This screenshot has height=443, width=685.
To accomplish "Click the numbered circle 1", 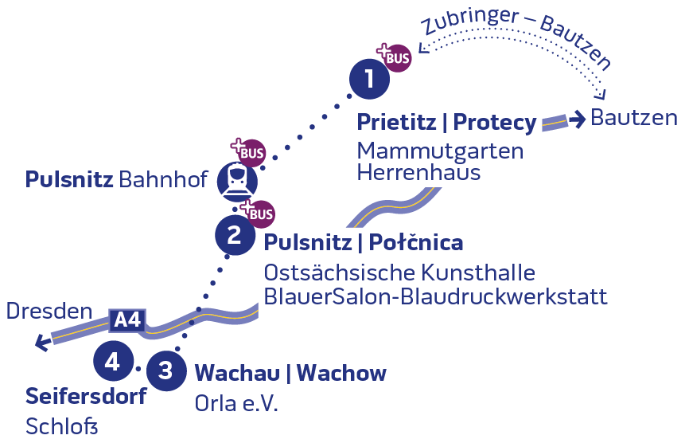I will click(369, 79).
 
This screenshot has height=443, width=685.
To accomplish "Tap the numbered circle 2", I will click(235, 235).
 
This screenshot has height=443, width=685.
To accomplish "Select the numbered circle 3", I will click(165, 370).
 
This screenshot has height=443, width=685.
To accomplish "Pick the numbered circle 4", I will click(112, 363).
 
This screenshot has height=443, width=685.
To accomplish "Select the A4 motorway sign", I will click(127, 320).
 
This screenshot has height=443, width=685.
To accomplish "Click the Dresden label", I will click(49, 311).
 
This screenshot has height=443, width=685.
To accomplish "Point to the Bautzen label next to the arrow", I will click(634, 119).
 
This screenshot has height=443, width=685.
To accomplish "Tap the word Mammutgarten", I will click(440, 150).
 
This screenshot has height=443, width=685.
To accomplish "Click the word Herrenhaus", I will click(419, 172).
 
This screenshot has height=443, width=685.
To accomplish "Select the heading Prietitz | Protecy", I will click(446, 123).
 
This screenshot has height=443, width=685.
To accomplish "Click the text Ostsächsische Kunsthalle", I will click(399, 272).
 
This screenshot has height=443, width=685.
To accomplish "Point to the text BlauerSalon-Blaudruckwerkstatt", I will click(436, 296).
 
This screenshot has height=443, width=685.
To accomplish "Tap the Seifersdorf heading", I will click(86, 396).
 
